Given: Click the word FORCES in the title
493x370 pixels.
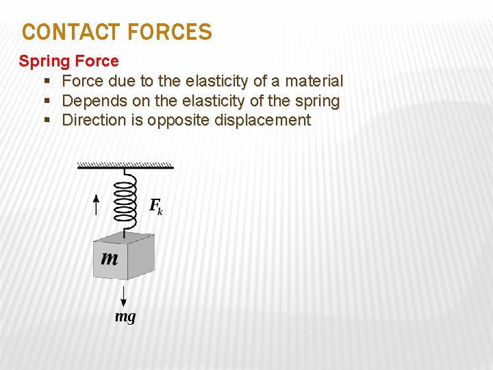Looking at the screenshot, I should [169, 32].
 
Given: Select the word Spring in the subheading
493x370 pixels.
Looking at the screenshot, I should [41, 61].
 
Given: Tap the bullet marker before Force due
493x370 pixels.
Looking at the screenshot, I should [47, 81].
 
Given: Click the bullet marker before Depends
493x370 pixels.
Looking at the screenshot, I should [47, 101].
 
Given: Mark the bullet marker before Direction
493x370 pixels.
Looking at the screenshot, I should [47, 121].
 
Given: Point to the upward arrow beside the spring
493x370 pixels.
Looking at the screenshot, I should [97, 204].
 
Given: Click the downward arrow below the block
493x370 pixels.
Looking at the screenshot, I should [123, 295].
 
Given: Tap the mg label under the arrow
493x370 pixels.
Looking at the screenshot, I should [125, 317].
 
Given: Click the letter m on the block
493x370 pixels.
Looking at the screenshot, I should [110, 258].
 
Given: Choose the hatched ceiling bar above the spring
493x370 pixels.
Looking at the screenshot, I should [125, 165].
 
